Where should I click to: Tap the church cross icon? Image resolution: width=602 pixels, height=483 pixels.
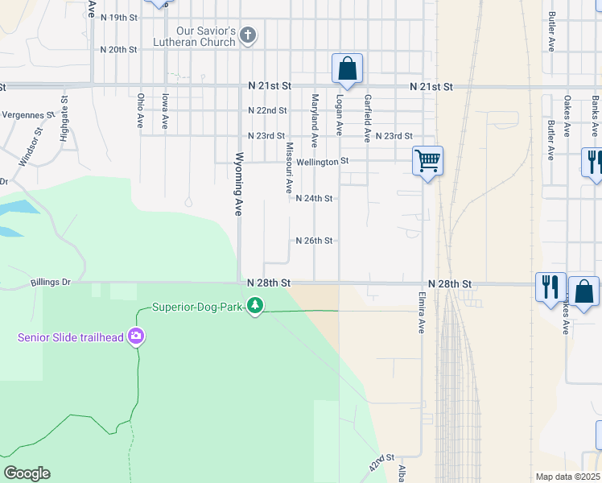click(x=248, y=35)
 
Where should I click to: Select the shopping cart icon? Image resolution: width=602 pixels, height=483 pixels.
click(x=427, y=160)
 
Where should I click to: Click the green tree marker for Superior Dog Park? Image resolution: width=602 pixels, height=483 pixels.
click(x=255, y=306)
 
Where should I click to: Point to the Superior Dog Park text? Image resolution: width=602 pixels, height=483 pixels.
click(x=198, y=307)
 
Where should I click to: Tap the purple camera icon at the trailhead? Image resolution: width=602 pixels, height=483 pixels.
click(x=136, y=336)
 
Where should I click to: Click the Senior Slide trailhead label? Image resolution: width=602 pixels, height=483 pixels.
click(x=71, y=336)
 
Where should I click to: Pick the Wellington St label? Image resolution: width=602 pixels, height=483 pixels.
click(x=322, y=162)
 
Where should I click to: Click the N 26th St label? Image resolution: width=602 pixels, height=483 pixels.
click(x=314, y=241)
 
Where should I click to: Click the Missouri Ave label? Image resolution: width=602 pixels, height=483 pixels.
click(x=288, y=168)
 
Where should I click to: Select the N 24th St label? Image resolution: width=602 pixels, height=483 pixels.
click(x=314, y=198)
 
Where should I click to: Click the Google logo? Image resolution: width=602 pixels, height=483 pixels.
click(x=27, y=473)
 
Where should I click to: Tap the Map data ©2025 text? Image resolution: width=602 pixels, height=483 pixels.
click(x=567, y=477)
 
